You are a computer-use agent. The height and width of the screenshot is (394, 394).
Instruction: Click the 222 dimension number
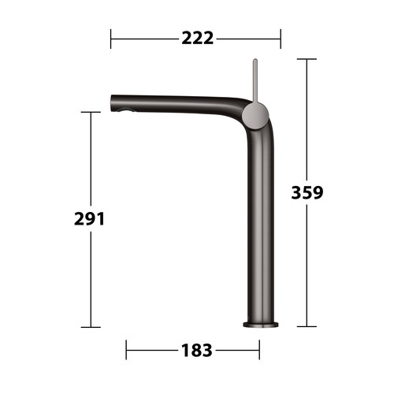pos(198,39)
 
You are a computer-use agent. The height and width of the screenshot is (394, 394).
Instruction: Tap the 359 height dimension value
pos(307,192)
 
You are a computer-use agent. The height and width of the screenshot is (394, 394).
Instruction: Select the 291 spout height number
pos(89,219)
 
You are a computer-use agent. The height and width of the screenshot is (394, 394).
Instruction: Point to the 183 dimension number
pos(197,350)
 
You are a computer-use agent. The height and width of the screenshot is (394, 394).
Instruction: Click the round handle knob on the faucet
pos(255,116)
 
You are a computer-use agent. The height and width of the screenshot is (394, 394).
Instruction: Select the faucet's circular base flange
pos(261,325)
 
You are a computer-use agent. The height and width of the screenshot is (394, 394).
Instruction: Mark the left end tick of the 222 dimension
pos(110,39)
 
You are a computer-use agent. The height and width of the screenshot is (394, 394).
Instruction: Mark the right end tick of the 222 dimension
pos(281,39)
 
